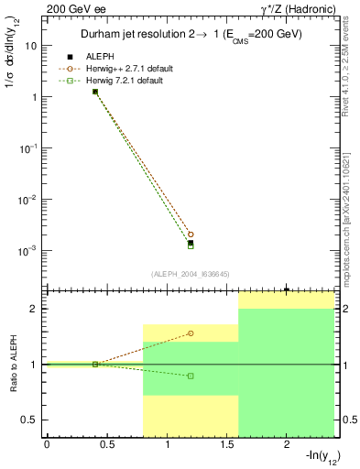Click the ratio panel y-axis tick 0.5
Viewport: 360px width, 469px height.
point(30,420)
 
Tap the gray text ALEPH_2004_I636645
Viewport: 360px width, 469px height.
point(190,274)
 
